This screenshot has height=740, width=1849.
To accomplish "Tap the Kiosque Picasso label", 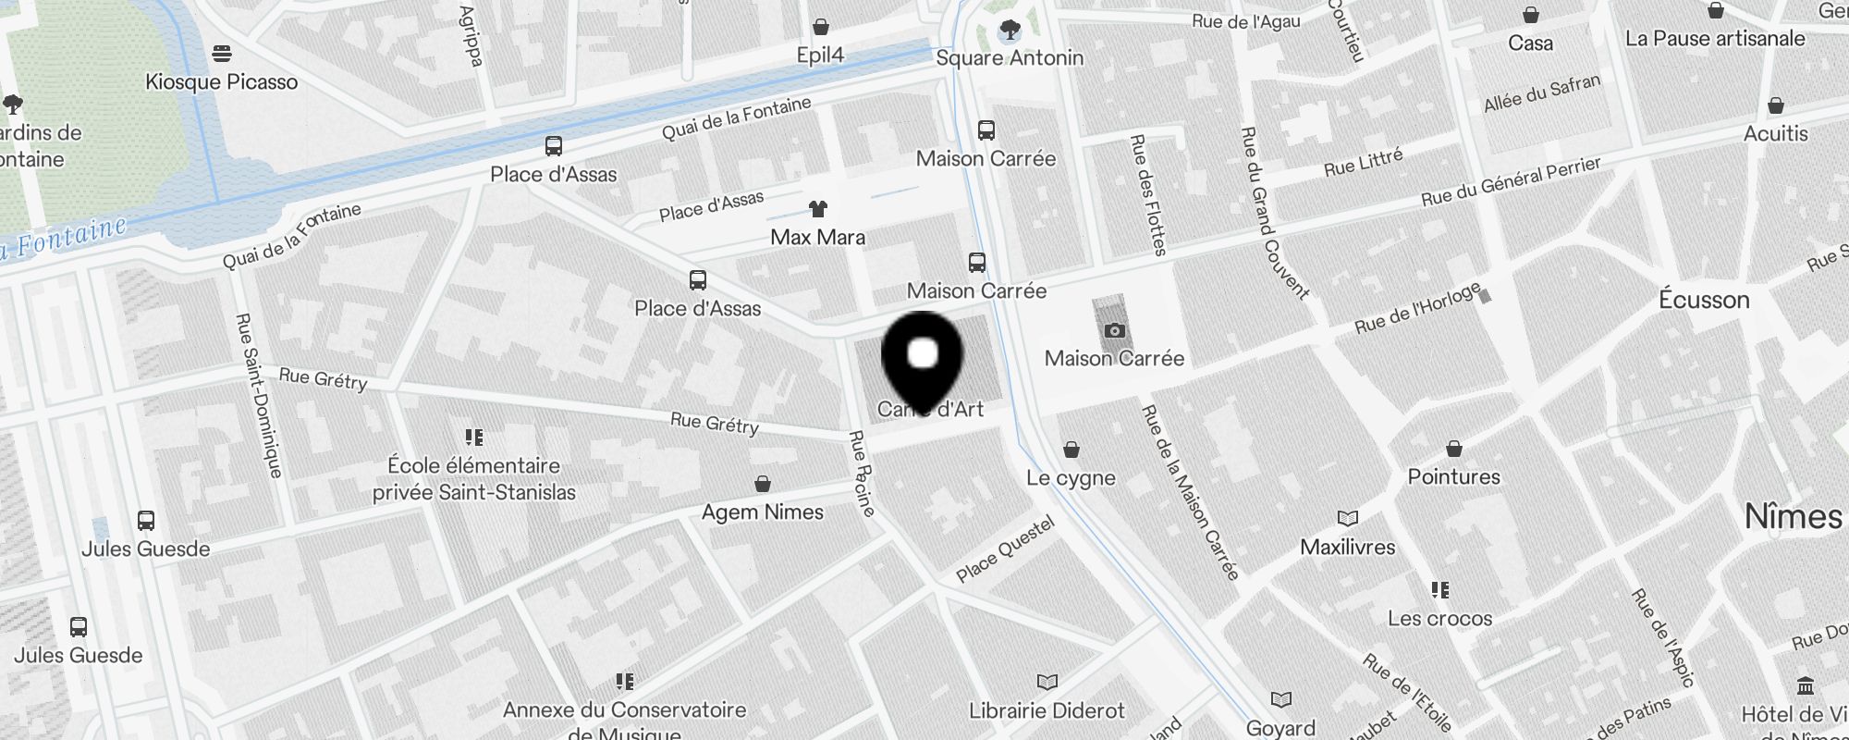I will point(222,81).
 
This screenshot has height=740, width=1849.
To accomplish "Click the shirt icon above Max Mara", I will point(817,209).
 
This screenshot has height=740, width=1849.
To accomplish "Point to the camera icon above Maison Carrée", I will point(1115,330).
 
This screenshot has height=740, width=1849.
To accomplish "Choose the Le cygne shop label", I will point(1071,478).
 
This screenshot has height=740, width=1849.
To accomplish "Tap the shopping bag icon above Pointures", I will point(1454,450).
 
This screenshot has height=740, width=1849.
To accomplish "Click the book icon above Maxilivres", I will point(1348,519).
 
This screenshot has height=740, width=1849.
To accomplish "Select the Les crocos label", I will point(1439,619).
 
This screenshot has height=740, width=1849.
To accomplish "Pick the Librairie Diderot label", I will point(1047,710).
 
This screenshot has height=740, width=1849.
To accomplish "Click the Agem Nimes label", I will point(762,512).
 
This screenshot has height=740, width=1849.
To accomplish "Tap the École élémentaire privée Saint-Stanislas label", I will point(474,479).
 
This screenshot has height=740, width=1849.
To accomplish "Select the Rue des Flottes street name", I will point(1148,195).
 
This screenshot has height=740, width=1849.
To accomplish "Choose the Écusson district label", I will point(1704,300).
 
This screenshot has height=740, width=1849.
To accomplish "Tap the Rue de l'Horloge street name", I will point(1416,309).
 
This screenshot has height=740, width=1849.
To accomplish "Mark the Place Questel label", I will point(1005,549).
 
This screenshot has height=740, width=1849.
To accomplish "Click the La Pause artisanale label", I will point(1715,39).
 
